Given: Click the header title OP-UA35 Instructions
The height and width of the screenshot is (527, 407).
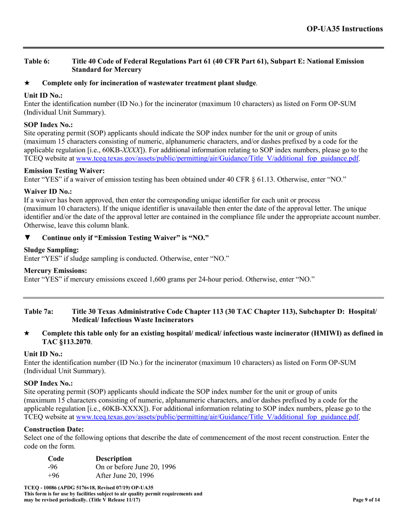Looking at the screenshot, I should [x=344, y=29].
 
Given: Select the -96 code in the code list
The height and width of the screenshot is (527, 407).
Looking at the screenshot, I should [x=53, y=467].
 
